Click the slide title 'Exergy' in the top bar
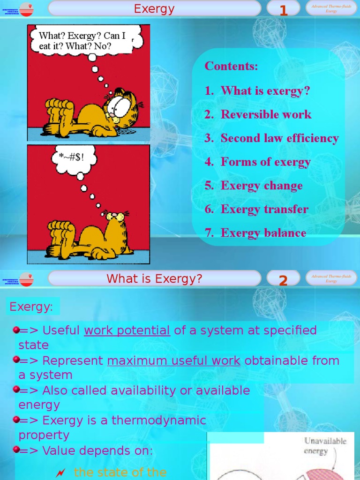(x=154, y=9)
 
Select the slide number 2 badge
(x=283, y=280)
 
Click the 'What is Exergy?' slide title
(x=154, y=279)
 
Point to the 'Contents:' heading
(x=231, y=67)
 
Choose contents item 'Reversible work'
(x=266, y=115)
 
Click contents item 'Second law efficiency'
(x=279, y=138)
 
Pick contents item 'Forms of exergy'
(x=265, y=162)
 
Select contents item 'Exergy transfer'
(x=264, y=210)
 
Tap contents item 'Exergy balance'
(x=263, y=233)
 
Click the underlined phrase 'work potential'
(x=127, y=330)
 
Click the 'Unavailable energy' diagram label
(x=325, y=446)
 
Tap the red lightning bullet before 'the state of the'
(x=60, y=473)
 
